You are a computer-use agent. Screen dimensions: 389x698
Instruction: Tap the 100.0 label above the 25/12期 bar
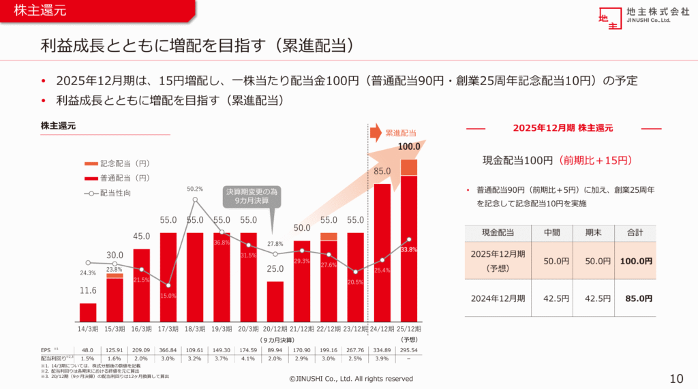[x=409, y=146]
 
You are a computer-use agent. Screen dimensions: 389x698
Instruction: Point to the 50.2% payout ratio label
[x=195, y=189]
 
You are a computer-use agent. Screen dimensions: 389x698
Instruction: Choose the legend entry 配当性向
[x=117, y=193]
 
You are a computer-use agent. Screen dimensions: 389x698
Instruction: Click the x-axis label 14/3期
[x=88, y=328]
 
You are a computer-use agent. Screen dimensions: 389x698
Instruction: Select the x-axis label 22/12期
[x=329, y=328]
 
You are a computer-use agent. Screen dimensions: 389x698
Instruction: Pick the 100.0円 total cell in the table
[x=635, y=261]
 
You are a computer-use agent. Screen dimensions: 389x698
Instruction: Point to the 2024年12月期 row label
[x=498, y=298]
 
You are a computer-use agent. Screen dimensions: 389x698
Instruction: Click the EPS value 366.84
[x=168, y=350]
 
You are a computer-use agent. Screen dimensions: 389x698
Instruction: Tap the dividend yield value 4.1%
[x=248, y=358]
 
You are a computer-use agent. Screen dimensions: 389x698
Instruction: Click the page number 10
[x=676, y=379]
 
